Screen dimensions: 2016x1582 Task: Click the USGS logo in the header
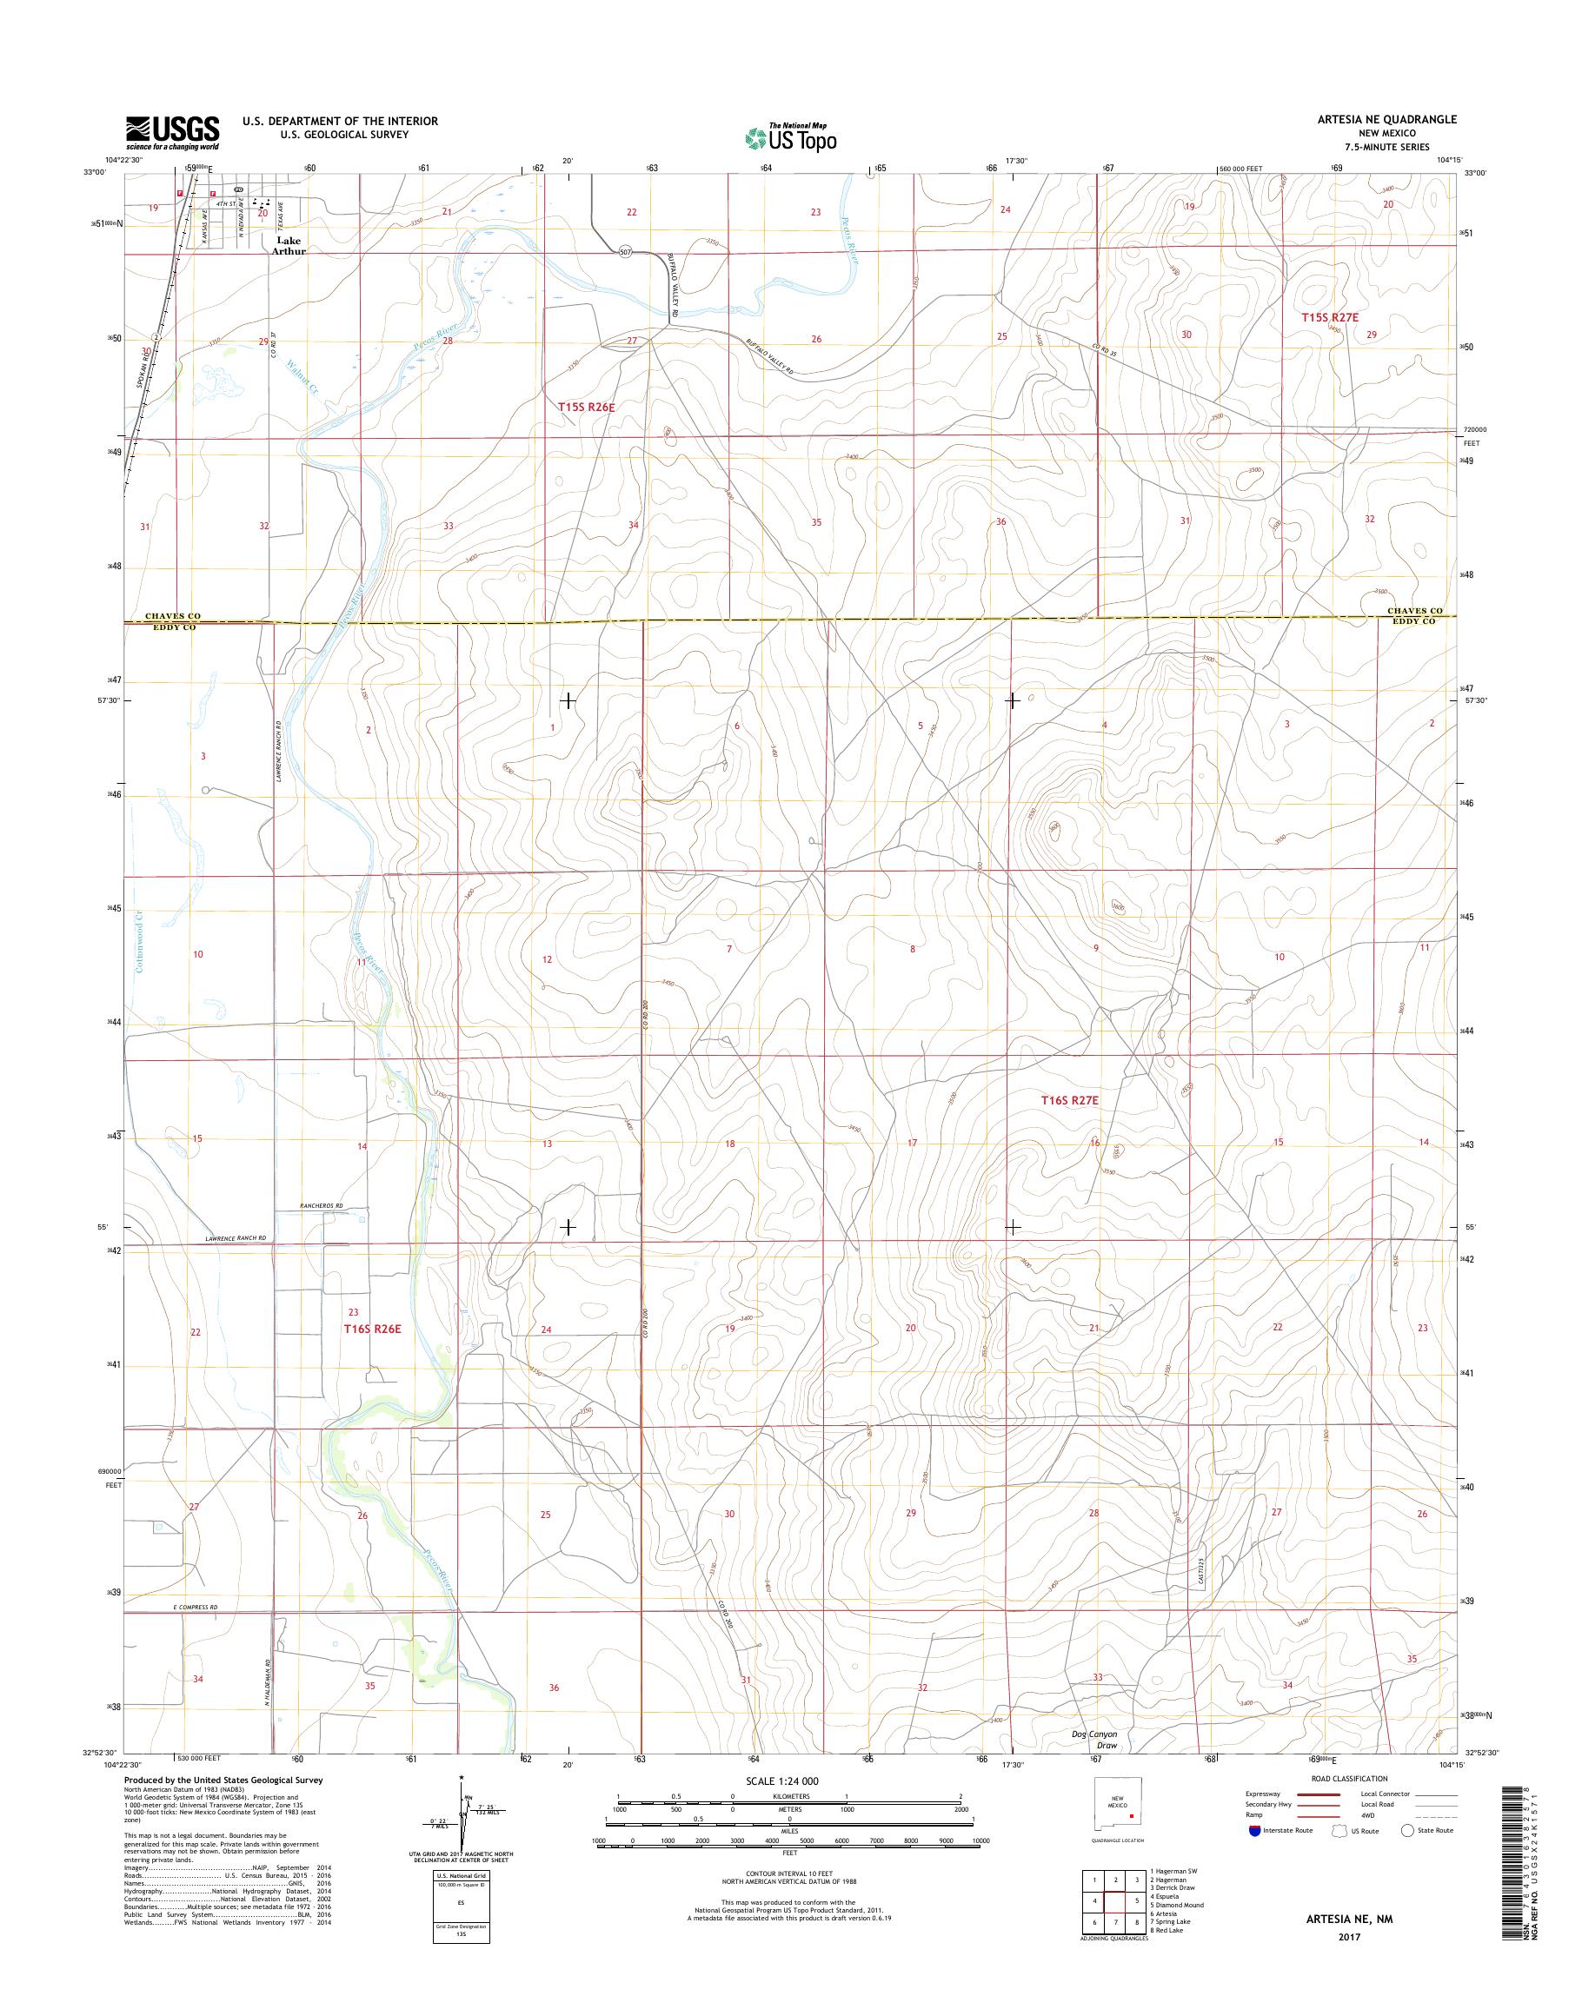(172, 132)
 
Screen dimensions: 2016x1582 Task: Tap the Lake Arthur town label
(288, 245)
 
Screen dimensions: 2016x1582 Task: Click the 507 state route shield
(627, 252)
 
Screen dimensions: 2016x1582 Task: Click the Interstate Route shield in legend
(1255, 1831)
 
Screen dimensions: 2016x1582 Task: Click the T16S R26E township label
(372, 1328)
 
